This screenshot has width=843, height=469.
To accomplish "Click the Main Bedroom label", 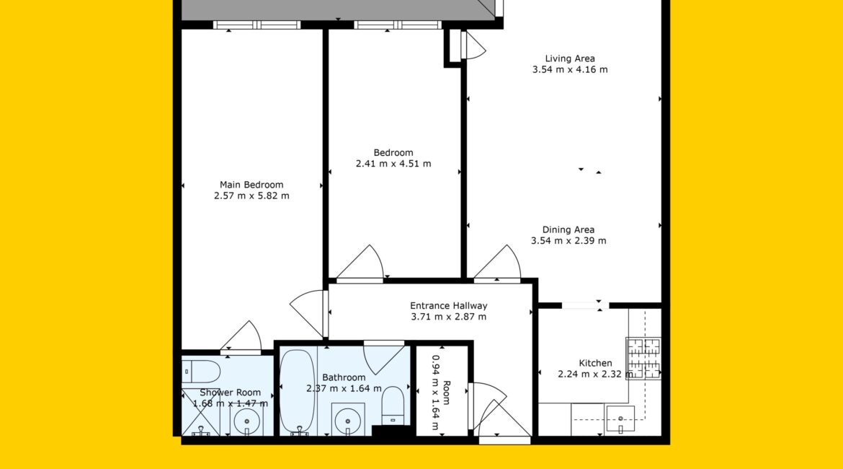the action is tap(251, 185).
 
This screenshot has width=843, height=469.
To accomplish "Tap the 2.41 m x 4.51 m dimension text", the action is tap(393, 164).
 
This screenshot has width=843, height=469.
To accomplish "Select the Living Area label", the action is tap(570, 58).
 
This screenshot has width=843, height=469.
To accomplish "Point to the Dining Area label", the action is tap(568, 230).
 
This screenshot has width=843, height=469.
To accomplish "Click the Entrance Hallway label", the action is tap(448, 306).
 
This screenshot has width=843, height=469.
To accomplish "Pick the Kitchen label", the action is tap(595, 363).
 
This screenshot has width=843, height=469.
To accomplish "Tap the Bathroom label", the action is tap(344, 377).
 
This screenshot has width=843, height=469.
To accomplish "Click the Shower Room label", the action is tap(230, 393).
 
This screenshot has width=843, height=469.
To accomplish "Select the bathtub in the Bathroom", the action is tap(298, 392).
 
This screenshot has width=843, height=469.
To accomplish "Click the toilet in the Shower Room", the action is tap(201, 372).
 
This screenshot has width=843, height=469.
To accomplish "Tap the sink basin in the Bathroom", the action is tap(348, 419).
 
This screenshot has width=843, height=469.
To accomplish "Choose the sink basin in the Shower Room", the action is tap(246, 421).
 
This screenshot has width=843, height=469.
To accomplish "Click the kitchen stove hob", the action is tap(643, 358).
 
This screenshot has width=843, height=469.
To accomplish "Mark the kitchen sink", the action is tap(620, 419).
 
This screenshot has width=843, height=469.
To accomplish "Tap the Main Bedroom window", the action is tap(257, 25).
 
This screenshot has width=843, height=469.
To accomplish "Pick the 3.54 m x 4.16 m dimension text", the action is tap(570, 69).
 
